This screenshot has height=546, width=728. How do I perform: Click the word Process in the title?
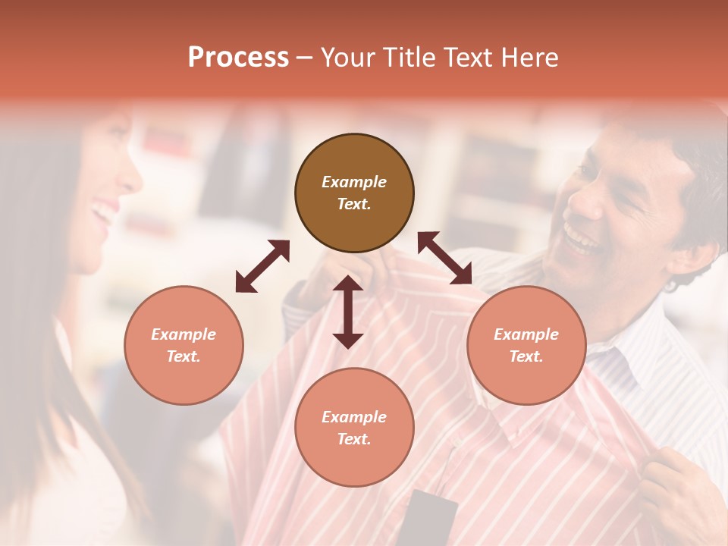238,58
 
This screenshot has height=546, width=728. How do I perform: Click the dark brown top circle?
354,193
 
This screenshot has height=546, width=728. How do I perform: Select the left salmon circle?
184,345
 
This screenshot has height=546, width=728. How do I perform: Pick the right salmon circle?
526,345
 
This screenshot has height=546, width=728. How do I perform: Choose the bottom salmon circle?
354,428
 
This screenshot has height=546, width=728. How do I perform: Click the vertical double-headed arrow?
348,312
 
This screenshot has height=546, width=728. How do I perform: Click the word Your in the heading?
347,58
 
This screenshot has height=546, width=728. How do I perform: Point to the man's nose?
582,201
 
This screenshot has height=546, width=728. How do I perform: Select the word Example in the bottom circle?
354,417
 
